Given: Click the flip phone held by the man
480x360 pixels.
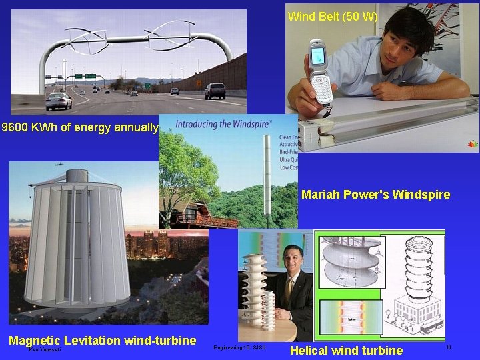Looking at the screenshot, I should point(320,71).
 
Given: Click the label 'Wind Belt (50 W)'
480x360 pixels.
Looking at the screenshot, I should point(332,17).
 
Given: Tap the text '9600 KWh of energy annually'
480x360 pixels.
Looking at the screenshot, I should point(79,127).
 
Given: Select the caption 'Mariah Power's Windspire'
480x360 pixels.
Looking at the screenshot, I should point(375,195).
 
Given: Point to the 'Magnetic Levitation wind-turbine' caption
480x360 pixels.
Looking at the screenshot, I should point(102,341).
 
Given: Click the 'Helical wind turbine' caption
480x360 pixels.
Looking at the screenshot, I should point(347,350).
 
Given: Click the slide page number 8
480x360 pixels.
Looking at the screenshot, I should point(449,347).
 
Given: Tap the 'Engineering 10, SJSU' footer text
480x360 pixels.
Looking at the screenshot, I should point(239,347).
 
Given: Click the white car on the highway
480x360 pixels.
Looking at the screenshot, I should point(59,101).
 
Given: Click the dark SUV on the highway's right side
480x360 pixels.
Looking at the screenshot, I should point(214,91).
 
